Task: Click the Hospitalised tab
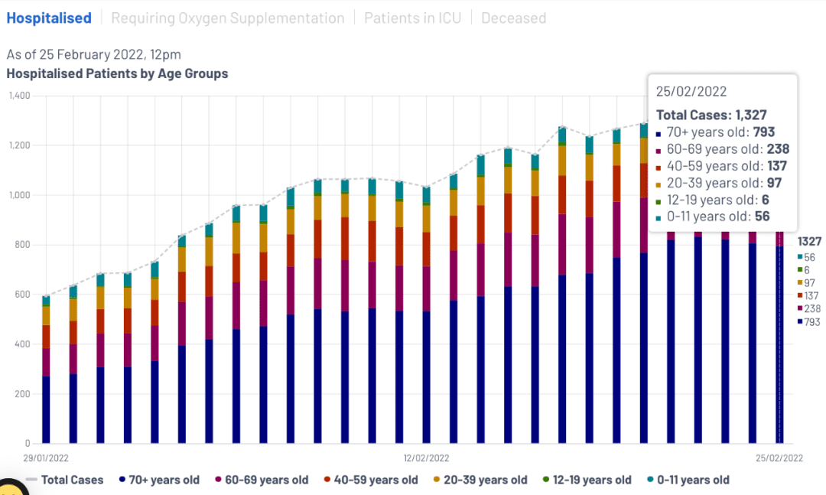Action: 49,18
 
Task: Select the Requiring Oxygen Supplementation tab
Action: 228,18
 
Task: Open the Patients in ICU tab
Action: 412,18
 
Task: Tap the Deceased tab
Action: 514,18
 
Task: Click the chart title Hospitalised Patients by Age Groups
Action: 117,73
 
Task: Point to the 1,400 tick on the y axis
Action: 19,96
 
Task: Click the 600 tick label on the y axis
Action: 22,294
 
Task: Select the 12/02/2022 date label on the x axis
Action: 426,458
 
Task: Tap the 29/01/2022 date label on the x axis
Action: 46,458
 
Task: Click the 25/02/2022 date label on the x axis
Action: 779,458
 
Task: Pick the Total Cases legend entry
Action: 64,480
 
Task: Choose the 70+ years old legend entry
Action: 159,480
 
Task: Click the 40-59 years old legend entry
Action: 371,480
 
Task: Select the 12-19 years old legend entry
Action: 587,480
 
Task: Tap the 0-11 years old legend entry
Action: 688,480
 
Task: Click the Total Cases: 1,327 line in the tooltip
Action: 711,115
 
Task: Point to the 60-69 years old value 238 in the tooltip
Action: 778,148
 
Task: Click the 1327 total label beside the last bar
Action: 809,242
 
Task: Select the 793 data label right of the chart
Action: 811,321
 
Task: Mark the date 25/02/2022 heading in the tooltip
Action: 691,91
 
